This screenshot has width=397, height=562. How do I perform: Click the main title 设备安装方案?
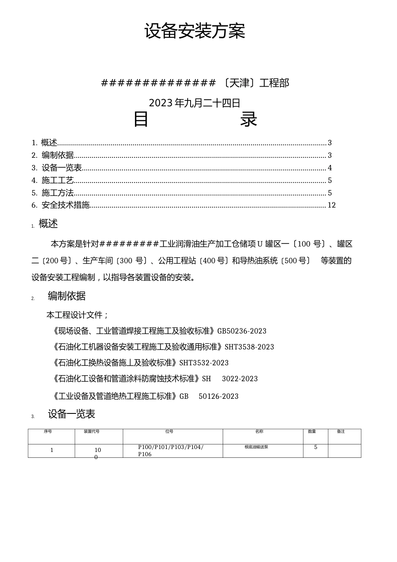tap(195, 31)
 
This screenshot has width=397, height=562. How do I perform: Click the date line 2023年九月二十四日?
tap(195, 103)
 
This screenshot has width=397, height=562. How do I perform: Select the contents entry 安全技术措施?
tap(66, 205)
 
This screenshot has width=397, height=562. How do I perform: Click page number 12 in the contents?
tap(331, 205)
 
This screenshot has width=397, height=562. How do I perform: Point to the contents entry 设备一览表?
tap(61, 168)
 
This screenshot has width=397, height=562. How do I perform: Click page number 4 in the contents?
tap(330, 168)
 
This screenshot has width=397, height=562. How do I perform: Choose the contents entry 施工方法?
tap(58, 193)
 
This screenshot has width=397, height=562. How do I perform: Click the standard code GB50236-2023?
tap(242, 331)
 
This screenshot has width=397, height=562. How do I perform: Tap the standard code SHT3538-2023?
tap(249, 347)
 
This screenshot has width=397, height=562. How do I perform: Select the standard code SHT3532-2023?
tap(204, 363)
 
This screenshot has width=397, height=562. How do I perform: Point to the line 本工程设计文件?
tap(77, 315)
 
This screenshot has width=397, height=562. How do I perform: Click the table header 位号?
tap(169, 431)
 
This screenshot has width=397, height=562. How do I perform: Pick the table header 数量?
tap(312, 431)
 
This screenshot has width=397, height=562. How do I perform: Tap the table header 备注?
tap(341, 431)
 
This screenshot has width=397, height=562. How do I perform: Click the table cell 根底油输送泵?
tap(257, 447)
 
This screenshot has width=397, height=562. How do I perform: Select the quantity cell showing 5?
tap(316, 447)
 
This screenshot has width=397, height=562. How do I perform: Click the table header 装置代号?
tap(92, 431)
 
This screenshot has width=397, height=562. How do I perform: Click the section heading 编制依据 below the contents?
tap(67, 296)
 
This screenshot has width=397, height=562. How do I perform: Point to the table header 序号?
tap(48, 431)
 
